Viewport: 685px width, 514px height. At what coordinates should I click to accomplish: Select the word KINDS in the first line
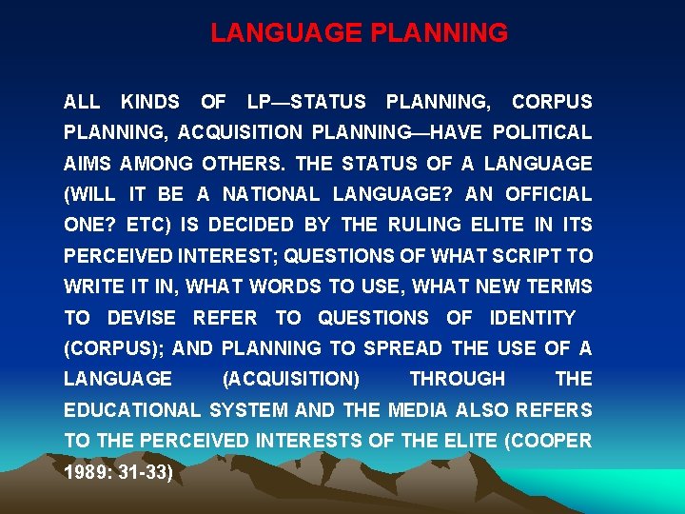coord(150,101)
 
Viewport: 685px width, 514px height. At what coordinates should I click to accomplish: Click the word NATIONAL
coord(272,194)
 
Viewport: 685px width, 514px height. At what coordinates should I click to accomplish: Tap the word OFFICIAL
coord(548,194)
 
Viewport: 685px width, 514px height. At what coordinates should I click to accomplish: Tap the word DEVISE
coord(141,317)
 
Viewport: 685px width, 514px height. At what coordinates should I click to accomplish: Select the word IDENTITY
coord(532,317)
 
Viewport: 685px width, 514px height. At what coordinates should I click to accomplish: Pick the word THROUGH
coord(457,379)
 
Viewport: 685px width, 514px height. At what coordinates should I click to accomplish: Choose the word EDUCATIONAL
coord(132,410)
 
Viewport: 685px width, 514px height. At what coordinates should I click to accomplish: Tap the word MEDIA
coord(418,410)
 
